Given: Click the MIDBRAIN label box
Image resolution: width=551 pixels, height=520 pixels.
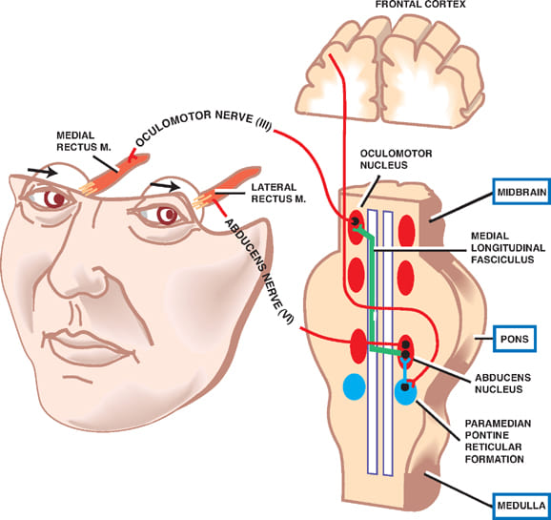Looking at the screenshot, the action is pyautogui.click(x=521, y=192).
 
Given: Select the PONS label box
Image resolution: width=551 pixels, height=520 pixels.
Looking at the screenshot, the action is pyautogui.click(x=515, y=339).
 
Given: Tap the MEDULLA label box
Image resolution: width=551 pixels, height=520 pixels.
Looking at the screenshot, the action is pyautogui.click(x=521, y=506).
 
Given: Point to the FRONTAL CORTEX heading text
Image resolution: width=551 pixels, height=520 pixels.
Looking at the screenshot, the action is pyautogui.click(x=420, y=4).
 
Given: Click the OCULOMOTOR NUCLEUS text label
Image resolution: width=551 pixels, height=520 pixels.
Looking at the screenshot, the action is pyautogui.click(x=396, y=159).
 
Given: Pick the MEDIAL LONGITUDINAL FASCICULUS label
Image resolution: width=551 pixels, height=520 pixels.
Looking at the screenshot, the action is pyautogui.click(x=508, y=248).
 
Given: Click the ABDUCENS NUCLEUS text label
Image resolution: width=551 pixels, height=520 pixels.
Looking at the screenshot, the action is pyautogui.click(x=502, y=384).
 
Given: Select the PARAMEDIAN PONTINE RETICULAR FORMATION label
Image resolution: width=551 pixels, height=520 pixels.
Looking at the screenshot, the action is pyautogui.click(x=498, y=441).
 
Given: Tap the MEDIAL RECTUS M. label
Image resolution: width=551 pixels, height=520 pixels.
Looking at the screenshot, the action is pyautogui.click(x=84, y=141).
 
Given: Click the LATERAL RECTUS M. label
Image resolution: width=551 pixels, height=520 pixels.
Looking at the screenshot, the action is pyautogui.click(x=278, y=193).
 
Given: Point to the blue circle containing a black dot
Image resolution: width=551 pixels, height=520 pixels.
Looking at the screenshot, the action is pyautogui.click(x=406, y=391).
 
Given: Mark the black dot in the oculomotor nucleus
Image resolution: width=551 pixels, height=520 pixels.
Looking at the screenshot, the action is pyautogui.click(x=355, y=221).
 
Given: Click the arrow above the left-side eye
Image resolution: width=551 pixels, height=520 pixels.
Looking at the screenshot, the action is pyautogui.click(x=43, y=172).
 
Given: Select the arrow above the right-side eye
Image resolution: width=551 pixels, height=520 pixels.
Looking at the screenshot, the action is pyautogui.click(x=165, y=186).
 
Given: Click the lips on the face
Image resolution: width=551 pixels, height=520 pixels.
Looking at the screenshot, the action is pyautogui.click(x=90, y=347).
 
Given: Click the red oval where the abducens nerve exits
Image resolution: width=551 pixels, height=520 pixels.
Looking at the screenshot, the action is pyautogui.click(x=358, y=345).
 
